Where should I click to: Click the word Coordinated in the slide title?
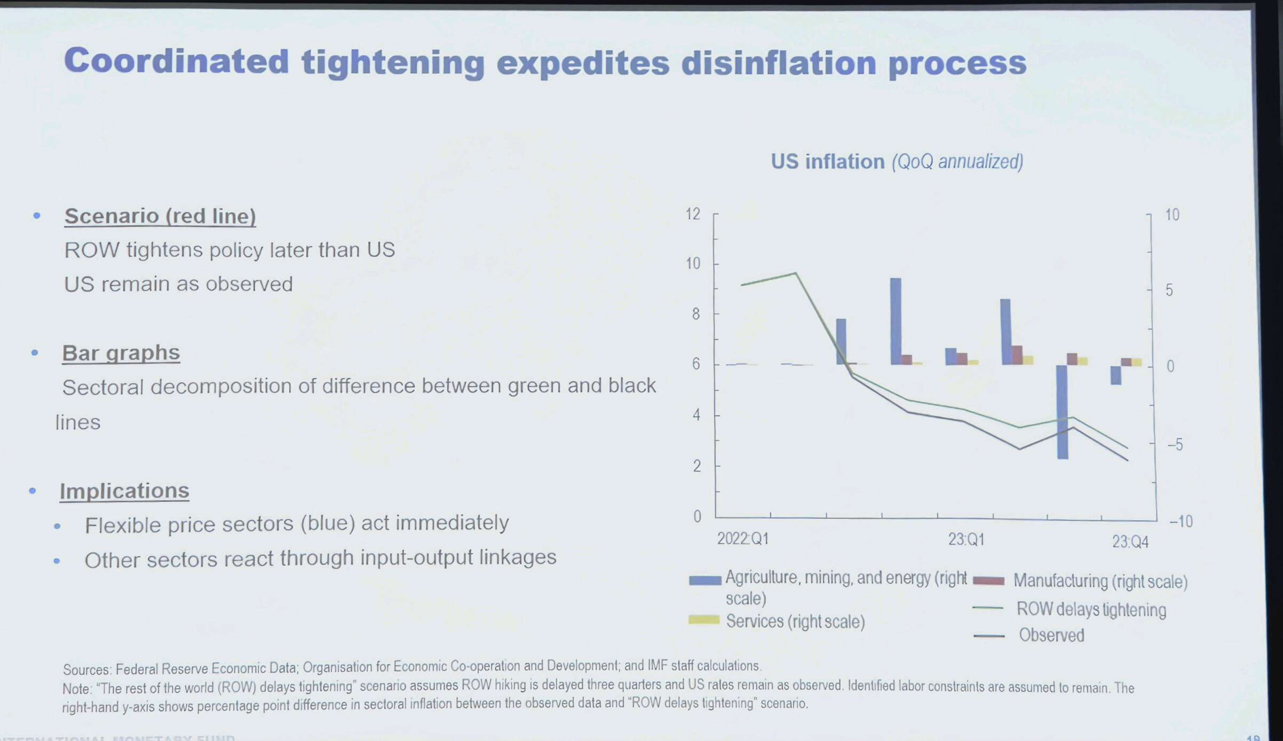(176, 61)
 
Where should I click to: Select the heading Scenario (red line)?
(160, 216)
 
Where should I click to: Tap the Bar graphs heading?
(121, 353)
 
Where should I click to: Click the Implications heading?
(124, 491)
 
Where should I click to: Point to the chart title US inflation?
(827, 162)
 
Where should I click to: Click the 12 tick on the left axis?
(693, 214)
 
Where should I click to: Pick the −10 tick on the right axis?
(1181, 521)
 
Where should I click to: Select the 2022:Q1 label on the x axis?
(742, 539)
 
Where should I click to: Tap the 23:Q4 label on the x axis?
(1130, 542)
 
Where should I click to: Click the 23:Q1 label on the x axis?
(966, 540)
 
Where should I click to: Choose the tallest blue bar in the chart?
(896, 321)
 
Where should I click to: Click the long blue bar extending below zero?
(1062, 412)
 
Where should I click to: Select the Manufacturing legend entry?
(1099, 581)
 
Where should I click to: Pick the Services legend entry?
(795, 621)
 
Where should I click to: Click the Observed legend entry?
(1051, 635)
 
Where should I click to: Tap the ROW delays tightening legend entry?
(1091, 609)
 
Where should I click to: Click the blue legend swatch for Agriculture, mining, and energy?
(705, 580)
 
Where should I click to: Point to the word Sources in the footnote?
(87, 669)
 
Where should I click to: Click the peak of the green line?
(796, 273)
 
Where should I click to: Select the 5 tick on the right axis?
(1169, 290)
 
